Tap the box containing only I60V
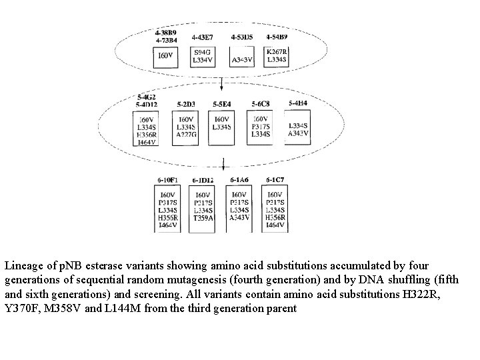click(165, 57)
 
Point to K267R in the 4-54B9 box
click(277, 52)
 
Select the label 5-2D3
click(187, 105)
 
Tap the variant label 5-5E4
click(223, 105)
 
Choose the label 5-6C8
click(261, 105)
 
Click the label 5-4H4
click(298, 103)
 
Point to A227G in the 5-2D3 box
click(186, 134)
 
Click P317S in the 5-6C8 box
click(261, 127)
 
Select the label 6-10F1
click(167, 180)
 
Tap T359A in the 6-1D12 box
click(203, 218)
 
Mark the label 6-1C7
click(275, 180)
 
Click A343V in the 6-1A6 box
click(239, 218)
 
